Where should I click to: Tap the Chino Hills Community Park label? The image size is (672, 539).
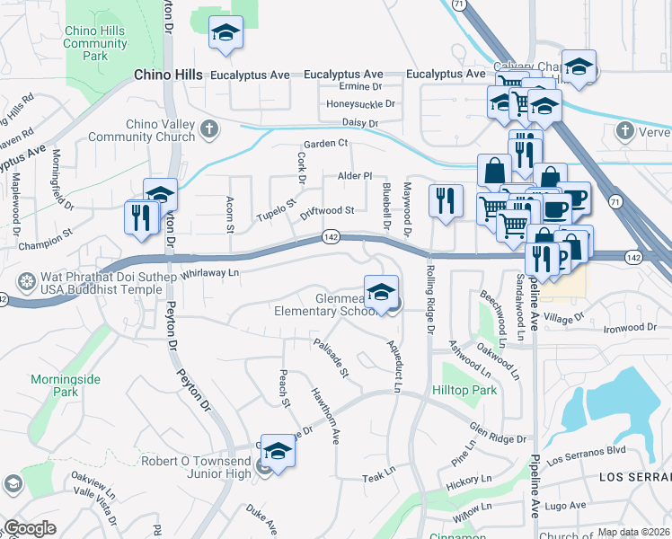[95, 43]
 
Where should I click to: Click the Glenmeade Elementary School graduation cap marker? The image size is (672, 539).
[382, 292]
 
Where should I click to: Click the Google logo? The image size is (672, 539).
[30, 528]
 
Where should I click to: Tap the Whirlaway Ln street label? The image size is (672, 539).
[211, 272]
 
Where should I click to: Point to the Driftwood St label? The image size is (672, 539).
[327, 211]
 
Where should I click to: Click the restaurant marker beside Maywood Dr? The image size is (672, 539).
[445, 200]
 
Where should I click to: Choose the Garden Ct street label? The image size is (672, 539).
[324, 144]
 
